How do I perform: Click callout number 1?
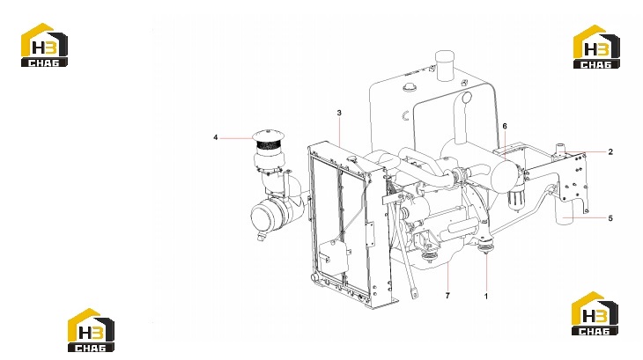[x=486, y=296]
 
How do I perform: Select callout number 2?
[x=610, y=152]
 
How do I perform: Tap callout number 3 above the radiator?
[x=339, y=113]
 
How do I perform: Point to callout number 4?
[x=215, y=137]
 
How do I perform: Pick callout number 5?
[x=610, y=218]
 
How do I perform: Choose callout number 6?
[x=505, y=126]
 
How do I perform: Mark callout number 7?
[x=447, y=295]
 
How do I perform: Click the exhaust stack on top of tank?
[x=445, y=65]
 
